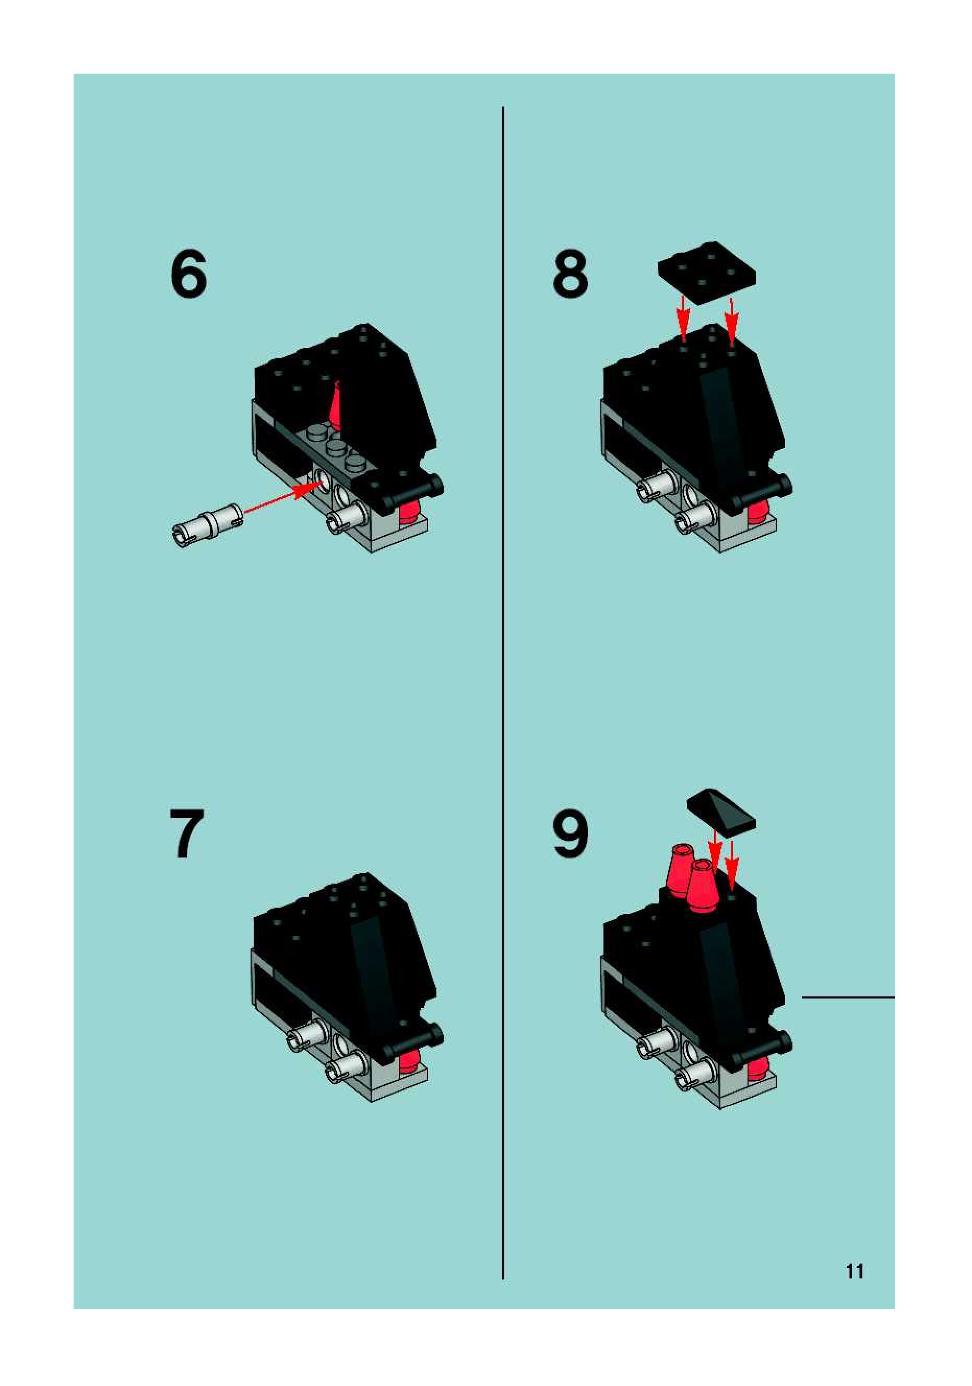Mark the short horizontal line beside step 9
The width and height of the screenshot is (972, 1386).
point(848,998)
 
